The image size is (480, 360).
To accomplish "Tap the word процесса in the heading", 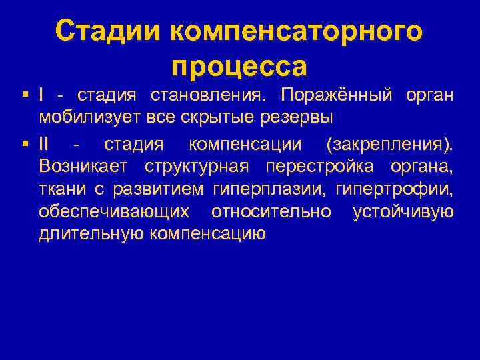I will [x=239, y=65].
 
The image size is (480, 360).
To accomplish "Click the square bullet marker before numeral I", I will [x=24, y=95].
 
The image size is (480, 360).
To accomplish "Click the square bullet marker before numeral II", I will [x=24, y=143].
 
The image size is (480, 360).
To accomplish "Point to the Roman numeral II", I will [x=45, y=143].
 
